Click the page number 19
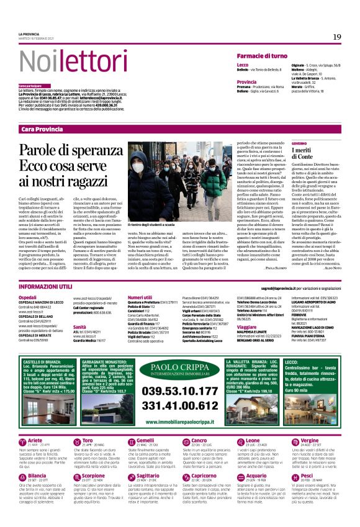click(336, 37)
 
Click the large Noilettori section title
click(72, 61)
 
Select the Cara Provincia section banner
click(42, 128)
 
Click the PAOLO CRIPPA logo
click(180, 367)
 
